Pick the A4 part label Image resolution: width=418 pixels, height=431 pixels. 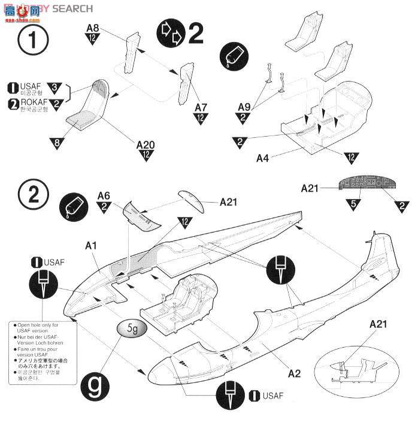pyautogui.click(x=263, y=158)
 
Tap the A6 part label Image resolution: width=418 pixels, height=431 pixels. pyautogui.click(x=104, y=195)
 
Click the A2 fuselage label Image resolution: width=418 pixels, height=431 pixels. pyautogui.click(x=294, y=374)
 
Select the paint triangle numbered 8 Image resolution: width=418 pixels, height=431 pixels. pyautogui.click(x=56, y=143)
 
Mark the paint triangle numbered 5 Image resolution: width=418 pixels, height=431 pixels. pyautogui.click(x=353, y=205)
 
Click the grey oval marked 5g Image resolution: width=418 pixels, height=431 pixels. pyautogui.click(x=130, y=329)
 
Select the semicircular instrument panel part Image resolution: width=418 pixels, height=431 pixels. pyautogui.click(x=364, y=185)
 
